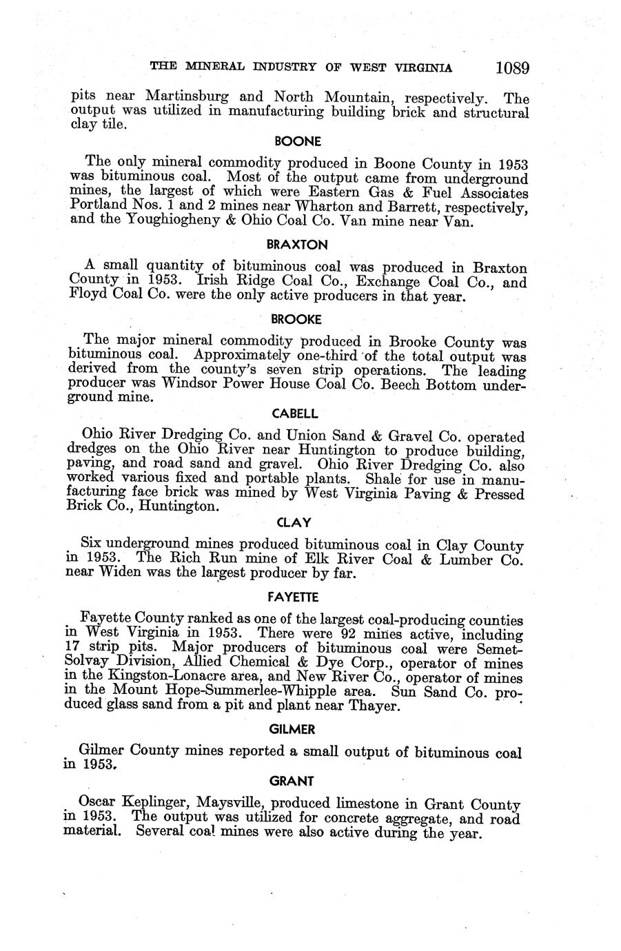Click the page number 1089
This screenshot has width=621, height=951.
click(x=511, y=68)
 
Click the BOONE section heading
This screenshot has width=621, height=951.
click(x=298, y=141)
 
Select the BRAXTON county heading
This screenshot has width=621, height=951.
click(x=297, y=245)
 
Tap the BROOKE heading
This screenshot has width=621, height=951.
click(x=296, y=319)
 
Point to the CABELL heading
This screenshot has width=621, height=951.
click(x=295, y=414)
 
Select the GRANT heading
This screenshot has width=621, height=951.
click(x=292, y=781)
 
